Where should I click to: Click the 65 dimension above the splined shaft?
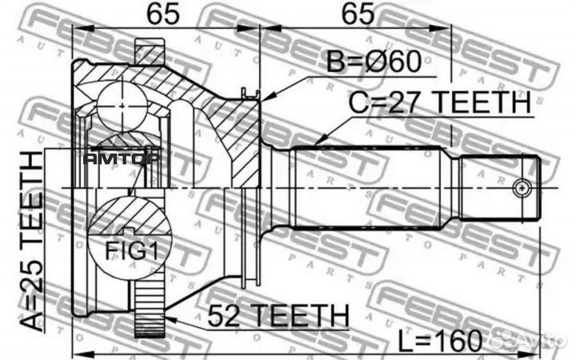coord(354,14)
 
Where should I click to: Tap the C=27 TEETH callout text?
coord(438,104)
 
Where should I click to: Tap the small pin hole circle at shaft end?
coord(522,188)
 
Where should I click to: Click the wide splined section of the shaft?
coord(372,188)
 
